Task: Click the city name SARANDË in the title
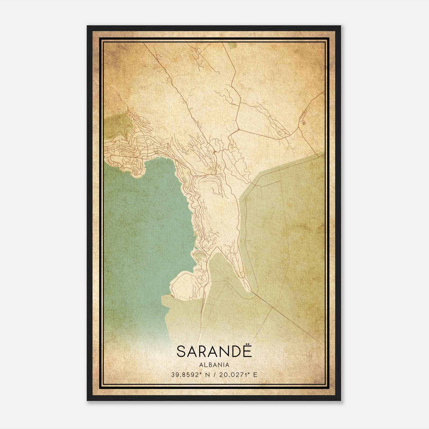214,351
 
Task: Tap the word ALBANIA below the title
214,365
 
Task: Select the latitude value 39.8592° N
190,375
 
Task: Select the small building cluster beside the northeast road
303,119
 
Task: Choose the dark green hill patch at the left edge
118,126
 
